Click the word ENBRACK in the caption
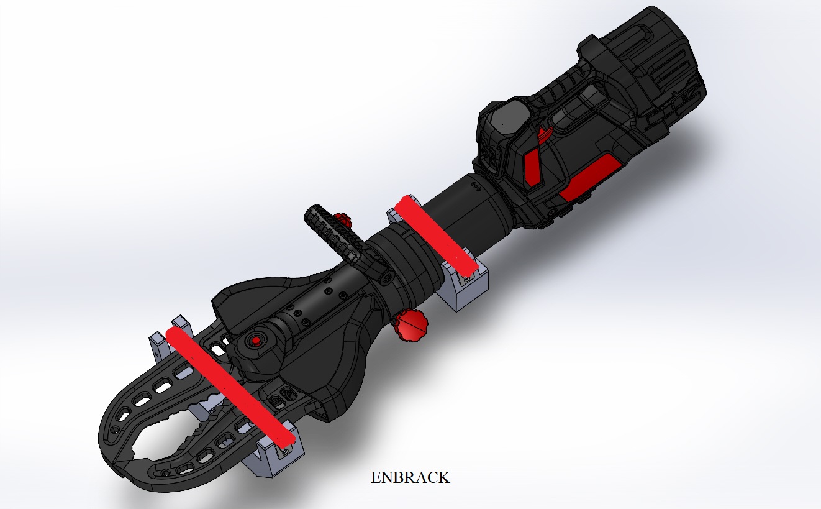tap(410, 478)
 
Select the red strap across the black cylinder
tap(435, 235)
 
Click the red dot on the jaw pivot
tap(255, 341)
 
